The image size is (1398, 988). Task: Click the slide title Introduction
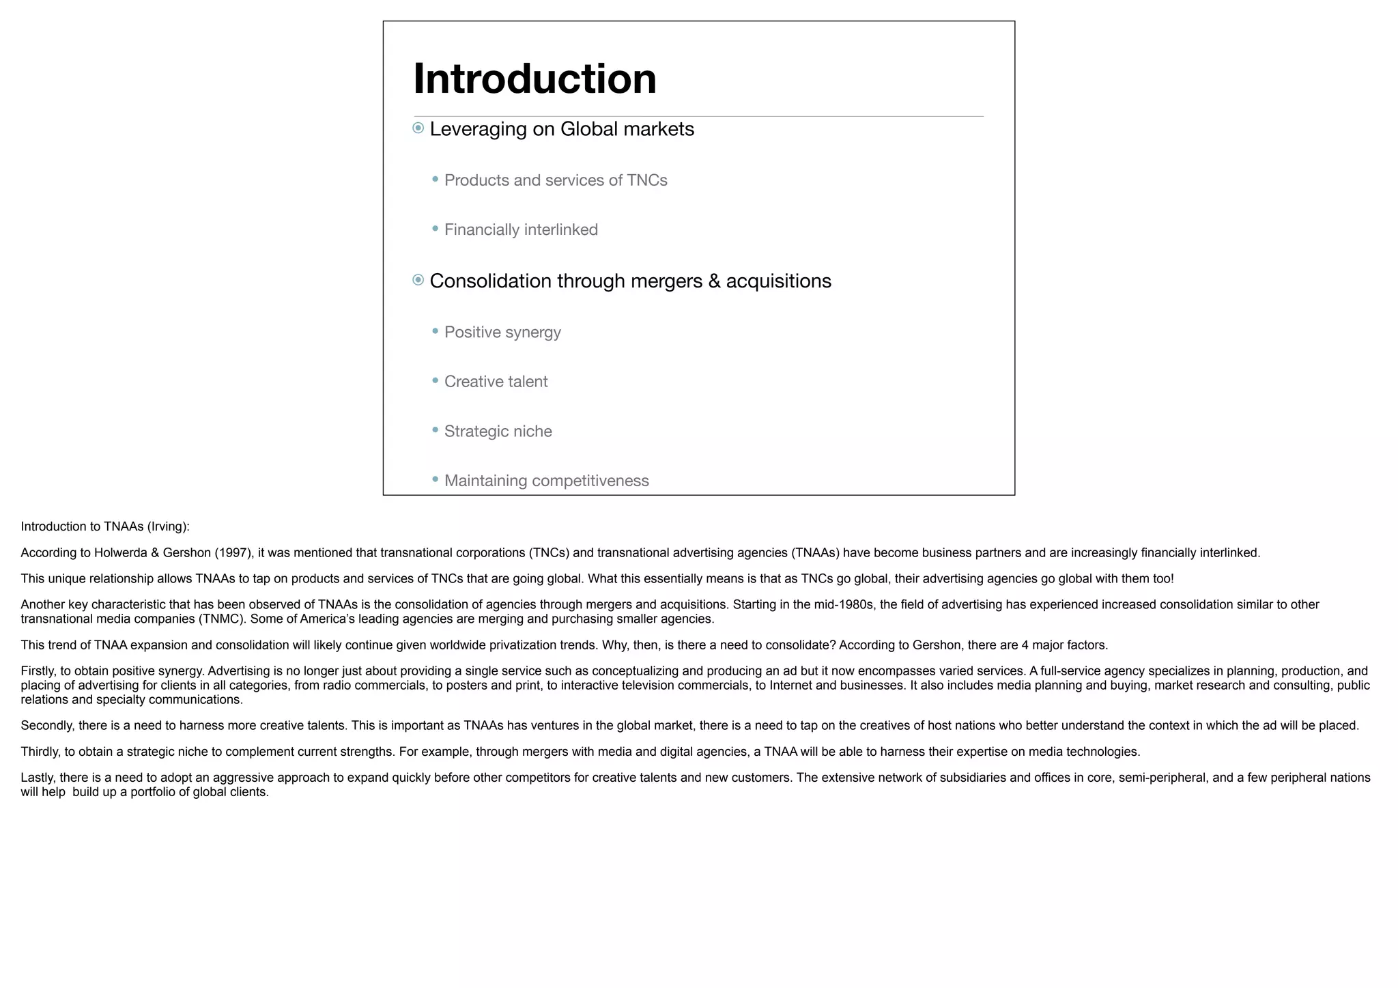534,79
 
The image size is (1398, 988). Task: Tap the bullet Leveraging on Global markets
561,129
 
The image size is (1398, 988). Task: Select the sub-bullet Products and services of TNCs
556,180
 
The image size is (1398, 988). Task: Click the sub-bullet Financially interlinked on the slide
521,230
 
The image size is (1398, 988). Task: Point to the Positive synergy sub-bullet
502,333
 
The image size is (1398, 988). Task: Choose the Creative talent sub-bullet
496,382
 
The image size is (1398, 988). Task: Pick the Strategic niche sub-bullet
498,432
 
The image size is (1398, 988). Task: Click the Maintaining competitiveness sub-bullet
546,481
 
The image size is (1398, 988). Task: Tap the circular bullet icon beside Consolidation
418,280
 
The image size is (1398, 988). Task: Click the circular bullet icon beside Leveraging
418,128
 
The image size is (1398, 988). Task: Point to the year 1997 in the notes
233,553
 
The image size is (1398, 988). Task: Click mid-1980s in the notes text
844,605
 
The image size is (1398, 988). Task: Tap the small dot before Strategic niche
436,430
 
